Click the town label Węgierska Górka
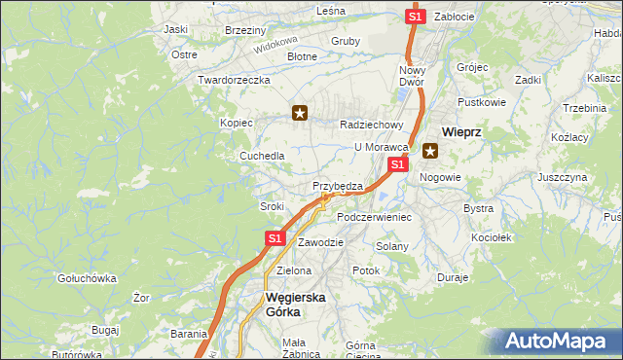click(296, 306)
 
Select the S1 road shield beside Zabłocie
click(416, 17)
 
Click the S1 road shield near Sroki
click(275, 237)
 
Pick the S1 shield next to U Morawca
click(396, 166)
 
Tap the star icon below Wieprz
click(429, 151)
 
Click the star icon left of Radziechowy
click(301, 114)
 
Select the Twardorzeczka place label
click(233, 80)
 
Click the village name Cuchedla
click(263, 156)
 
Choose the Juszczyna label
click(562, 178)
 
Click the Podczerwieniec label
click(374, 217)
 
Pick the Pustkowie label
click(482, 101)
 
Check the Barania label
click(189, 334)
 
